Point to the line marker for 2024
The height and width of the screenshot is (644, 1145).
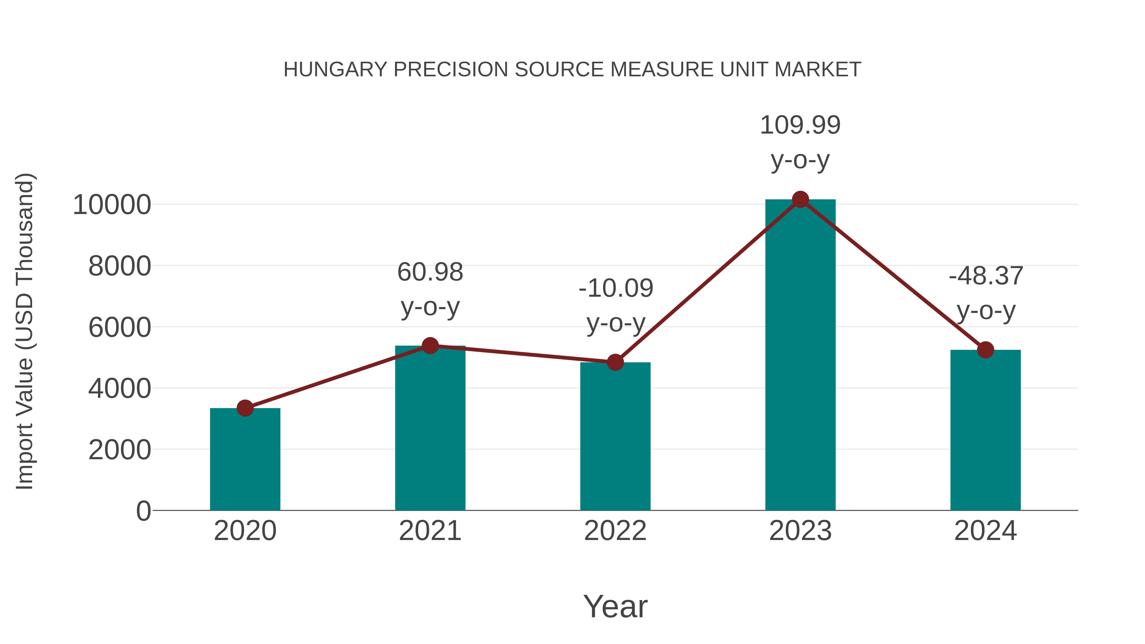point(985,350)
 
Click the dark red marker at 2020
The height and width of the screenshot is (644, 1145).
point(245,408)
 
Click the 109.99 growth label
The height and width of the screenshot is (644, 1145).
point(800,125)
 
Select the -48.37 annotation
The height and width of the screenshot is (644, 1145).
point(985,276)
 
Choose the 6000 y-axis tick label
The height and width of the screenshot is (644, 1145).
point(120,328)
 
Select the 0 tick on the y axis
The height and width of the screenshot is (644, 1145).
point(143,511)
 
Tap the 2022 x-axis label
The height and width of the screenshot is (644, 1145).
point(615,531)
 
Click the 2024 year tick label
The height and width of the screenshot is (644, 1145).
point(985,531)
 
